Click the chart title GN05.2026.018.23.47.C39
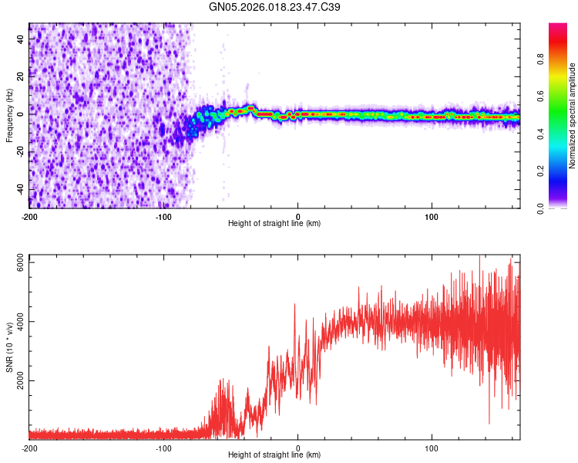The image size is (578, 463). coord(275,7)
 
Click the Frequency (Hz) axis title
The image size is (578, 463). coord(9,115)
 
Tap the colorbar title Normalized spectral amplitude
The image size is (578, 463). coord(572,115)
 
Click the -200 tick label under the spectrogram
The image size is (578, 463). coord(29,216)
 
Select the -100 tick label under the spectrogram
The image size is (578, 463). coord(163,216)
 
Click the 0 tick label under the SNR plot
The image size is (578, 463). coord(298,448)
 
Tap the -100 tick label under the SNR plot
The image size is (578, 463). coord(163,448)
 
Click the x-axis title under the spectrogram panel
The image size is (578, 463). coord(274,224)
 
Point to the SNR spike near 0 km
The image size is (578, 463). coord(294,305)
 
